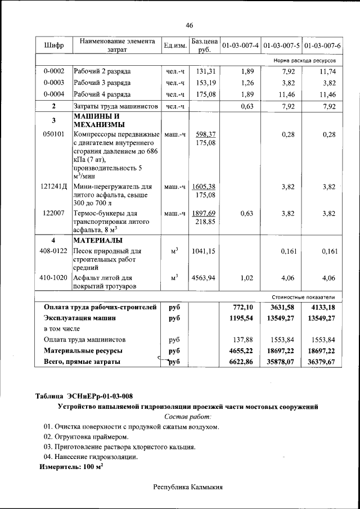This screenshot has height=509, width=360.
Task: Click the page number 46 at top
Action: point(189,25)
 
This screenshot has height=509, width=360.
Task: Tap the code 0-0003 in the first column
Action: point(53,83)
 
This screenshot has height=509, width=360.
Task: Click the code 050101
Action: point(53,134)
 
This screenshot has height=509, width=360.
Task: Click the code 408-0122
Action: point(55,251)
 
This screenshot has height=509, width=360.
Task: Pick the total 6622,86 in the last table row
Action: point(243,362)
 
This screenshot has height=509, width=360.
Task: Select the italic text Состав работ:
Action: point(188,416)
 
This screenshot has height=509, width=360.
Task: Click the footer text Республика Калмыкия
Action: point(188,487)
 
